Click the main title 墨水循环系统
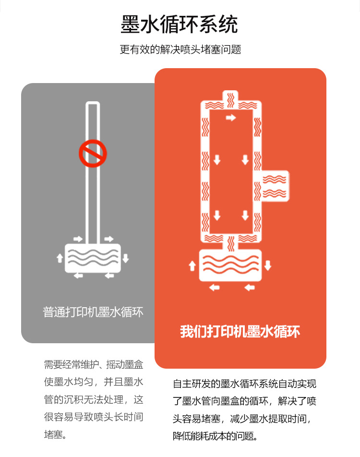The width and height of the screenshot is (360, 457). (179, 24)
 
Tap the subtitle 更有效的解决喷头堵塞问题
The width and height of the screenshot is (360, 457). (180, 49)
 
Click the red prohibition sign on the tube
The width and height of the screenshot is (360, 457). (93, 153)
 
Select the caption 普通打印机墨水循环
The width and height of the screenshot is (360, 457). (93, 312)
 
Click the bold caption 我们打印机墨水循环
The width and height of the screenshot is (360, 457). (240, 332)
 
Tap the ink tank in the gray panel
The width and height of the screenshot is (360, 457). (93, 258)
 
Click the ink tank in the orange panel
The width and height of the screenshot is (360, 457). (230, 265)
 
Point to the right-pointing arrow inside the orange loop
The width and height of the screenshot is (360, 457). (231, 118)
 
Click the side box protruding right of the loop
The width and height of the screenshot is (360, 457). (275, 186)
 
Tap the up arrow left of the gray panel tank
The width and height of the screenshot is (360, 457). (60, 258)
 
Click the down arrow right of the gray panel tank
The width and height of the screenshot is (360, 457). (126, 258)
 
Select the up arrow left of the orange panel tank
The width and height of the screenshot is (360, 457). (192, 265)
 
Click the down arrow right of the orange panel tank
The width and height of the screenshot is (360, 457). (268, 265)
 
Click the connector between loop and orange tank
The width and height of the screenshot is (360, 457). (230, 244)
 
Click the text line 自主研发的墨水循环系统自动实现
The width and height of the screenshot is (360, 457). (245, 384)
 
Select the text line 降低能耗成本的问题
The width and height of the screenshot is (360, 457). (215, 436)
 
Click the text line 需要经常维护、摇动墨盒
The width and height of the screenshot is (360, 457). (94, 364)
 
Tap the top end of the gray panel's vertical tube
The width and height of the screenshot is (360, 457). (93, 103)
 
